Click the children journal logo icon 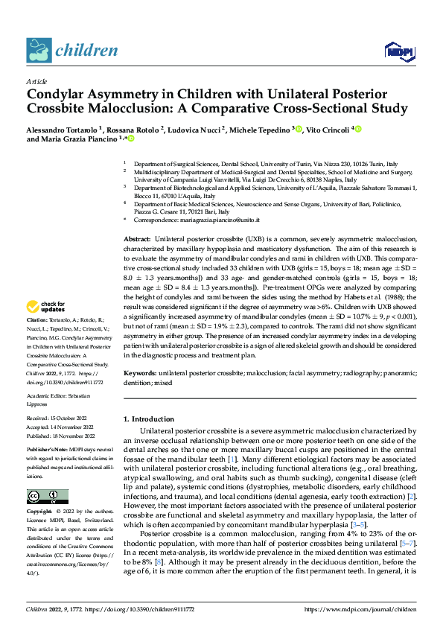(37, 50)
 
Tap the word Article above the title (36, 81)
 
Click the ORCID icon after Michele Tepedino (299, 129)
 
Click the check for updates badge (65, 308)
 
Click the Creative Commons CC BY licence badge (47, 497)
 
